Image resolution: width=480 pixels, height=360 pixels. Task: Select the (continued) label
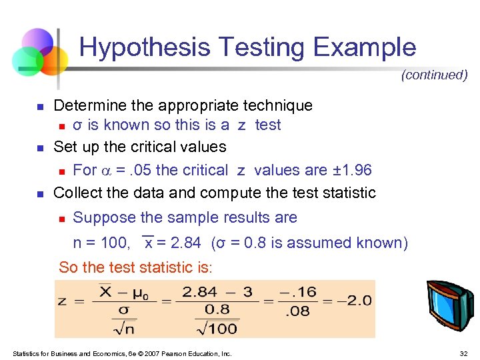[x=434, y=75]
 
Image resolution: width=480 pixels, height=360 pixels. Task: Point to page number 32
[x=463, y=353]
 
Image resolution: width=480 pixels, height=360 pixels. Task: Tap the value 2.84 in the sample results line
[x=180, y=243]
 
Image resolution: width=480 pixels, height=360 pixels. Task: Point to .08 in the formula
[x=298, y=310]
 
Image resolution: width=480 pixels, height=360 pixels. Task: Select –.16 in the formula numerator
[x=297, y=293]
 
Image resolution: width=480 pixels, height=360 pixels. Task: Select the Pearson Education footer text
[x=122, y=353]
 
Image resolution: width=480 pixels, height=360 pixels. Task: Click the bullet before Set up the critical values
[x=39, y=147]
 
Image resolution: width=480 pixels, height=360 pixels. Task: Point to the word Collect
[x=75, y=193]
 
